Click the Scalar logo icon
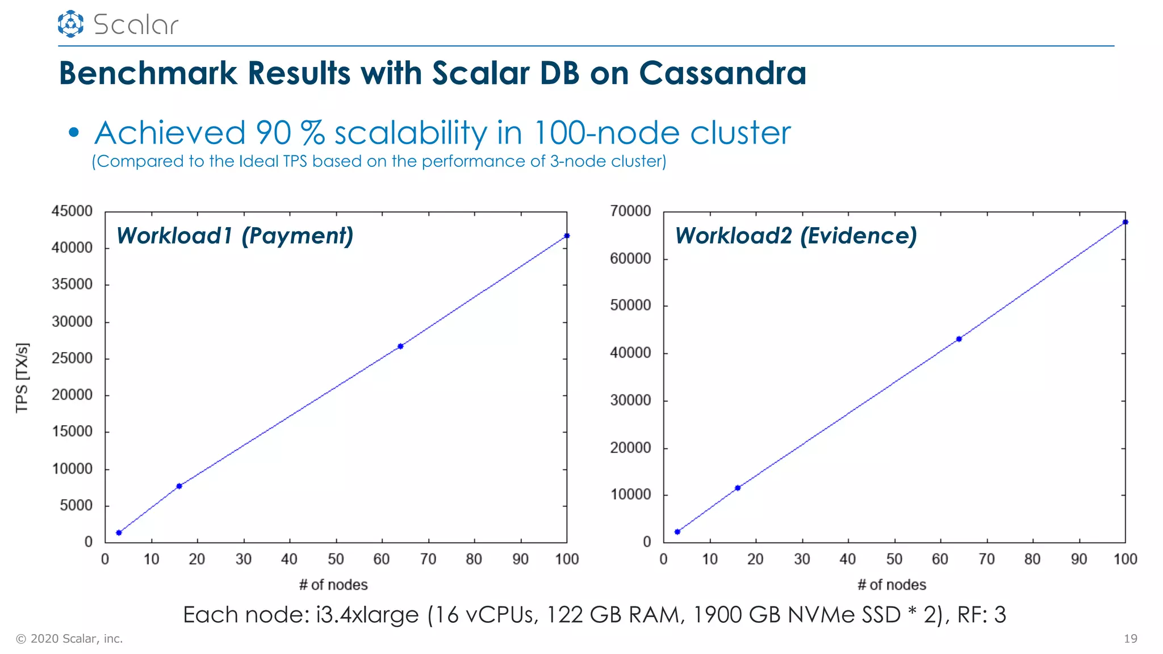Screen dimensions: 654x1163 pos(70,24)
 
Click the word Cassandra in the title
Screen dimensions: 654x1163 pos(722,73)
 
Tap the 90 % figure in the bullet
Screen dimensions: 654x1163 pos(290,133)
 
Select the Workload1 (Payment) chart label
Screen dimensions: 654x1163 pos(235,236)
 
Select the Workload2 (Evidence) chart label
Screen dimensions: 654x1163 pos(796,236)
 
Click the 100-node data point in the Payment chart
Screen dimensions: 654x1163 pos(567,236)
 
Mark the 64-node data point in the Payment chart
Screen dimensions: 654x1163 pos(400,346)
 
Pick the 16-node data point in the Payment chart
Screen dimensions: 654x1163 pos(179,486)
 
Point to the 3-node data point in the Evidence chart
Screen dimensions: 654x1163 pos(677,532)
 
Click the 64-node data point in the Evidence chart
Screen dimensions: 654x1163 pos(959,339)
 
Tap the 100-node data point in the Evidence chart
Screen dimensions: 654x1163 pos(1126,222)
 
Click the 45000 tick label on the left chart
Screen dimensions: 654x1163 pos(72,211)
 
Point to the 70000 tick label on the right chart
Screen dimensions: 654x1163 pos(630,211)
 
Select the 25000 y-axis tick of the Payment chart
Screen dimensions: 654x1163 pos(72,358)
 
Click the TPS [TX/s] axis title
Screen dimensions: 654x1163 pos(22,378)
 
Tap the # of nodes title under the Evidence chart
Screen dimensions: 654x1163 pos(892,585)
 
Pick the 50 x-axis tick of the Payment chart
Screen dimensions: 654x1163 pos(336,559)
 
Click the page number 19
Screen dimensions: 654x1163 pos(1130,639)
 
